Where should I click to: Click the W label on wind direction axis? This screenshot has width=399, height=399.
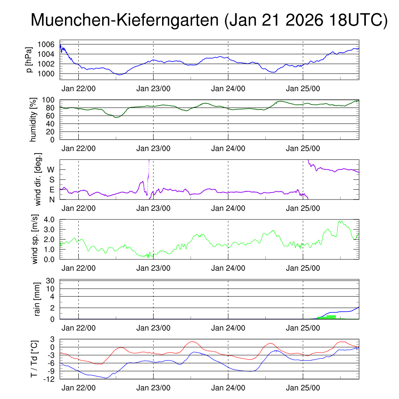pyautogui.click(x=51, y=170)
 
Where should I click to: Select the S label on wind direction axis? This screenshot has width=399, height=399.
pyautogui.click(x=51, y=180)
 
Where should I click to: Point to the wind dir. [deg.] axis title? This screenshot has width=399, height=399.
pyautogui.click(x=38, y=179)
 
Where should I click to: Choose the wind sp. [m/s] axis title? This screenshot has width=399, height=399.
pyautogui.click(x=35, y=239)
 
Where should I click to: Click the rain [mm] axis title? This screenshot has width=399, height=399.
pyautogui.click(x=38, y=299)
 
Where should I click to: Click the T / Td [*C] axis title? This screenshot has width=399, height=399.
pyautogui.click(x=34, y=359)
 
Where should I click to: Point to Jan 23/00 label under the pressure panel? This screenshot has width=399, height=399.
pyautogui.click(x=153, y=89)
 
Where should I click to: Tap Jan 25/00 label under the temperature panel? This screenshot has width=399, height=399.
pyautogui.click(x=303, y=388)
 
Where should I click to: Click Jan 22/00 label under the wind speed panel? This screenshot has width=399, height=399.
pyautogui.click(x=78, y=268)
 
